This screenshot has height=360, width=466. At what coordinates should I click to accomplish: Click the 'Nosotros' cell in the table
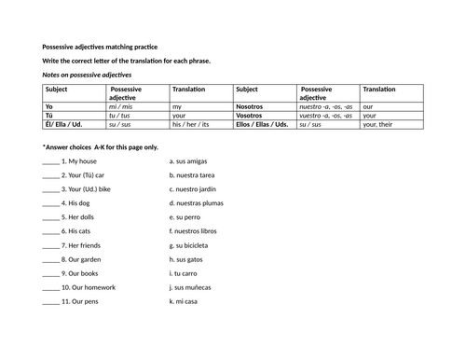[x=254, y=107]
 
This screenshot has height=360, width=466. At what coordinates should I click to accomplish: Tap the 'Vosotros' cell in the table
[x=254, y=116]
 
